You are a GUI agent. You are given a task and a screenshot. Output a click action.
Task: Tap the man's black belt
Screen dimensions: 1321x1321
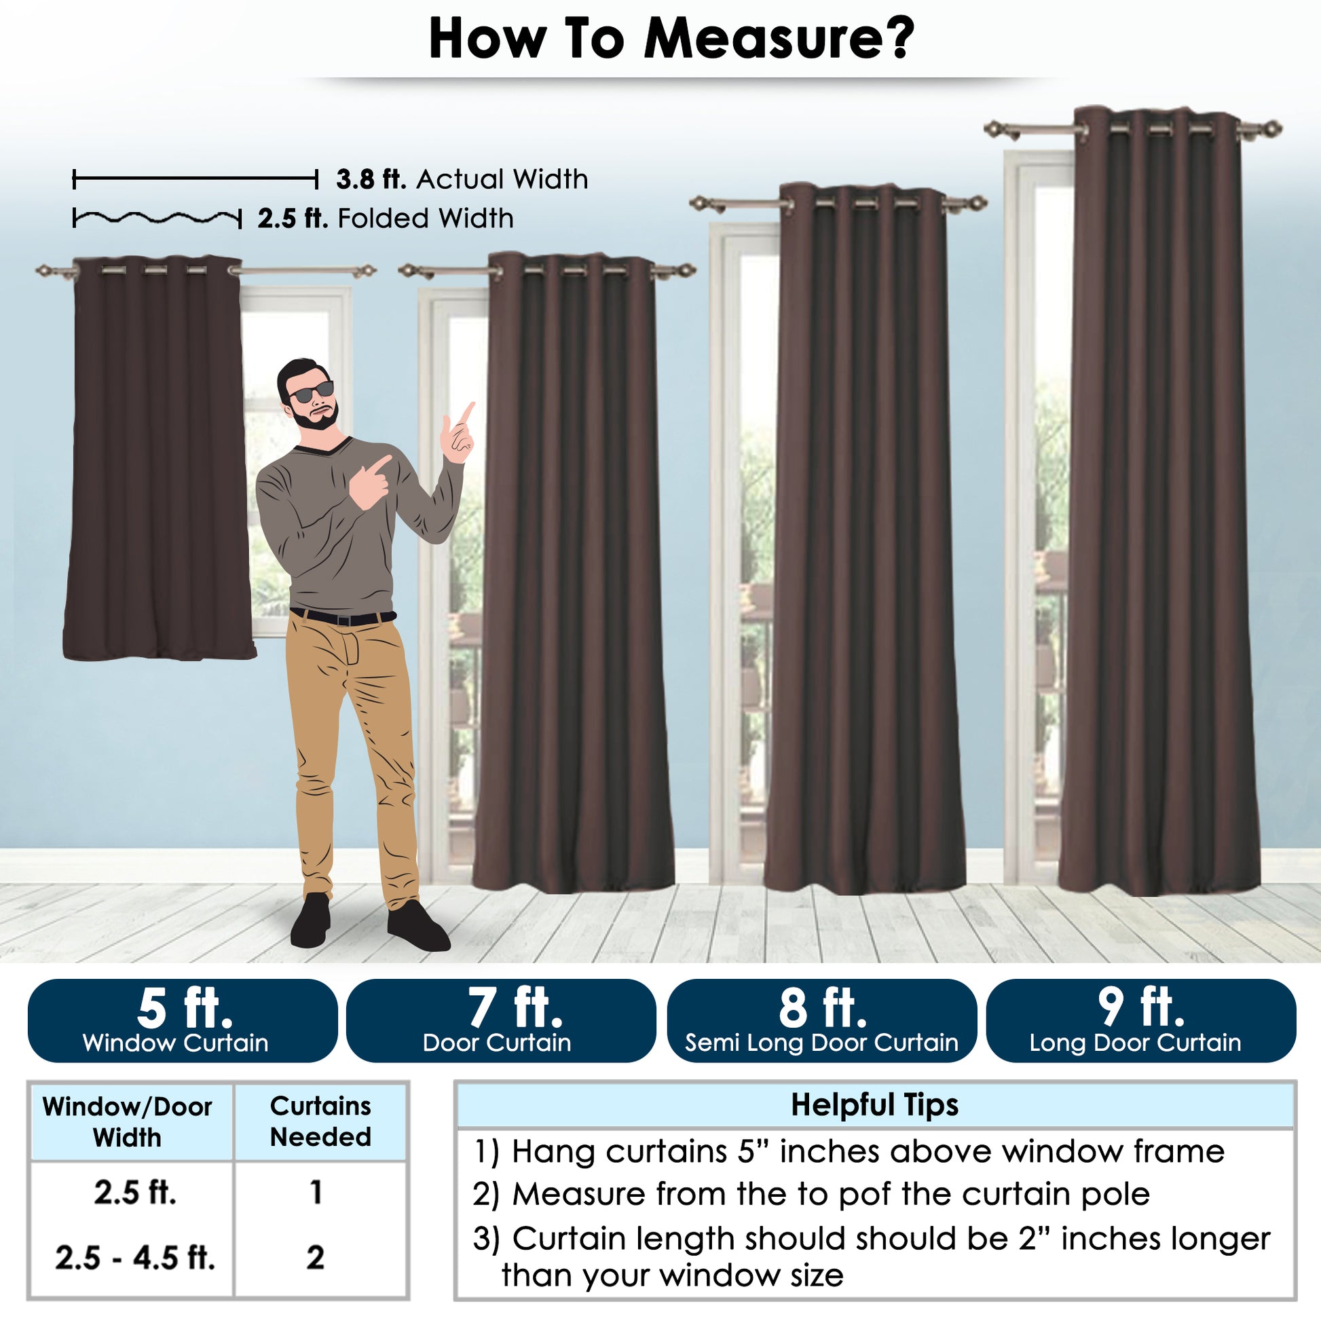point(343,618)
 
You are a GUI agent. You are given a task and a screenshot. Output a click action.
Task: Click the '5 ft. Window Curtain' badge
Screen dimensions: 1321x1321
point(183,1020)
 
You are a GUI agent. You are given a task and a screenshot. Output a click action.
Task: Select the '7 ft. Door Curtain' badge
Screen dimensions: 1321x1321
point(501,1020)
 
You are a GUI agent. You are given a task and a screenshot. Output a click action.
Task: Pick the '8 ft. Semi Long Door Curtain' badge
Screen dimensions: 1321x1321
point(821,1020)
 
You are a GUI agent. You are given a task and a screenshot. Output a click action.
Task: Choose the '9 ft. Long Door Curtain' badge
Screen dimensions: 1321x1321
point(1141,1020)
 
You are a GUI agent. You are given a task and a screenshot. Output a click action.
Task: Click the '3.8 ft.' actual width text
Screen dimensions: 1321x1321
point(371,179)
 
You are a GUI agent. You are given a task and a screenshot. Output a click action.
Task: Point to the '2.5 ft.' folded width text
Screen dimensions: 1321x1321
point(293,219)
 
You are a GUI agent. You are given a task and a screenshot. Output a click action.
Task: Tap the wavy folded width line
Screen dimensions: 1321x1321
point(157,219)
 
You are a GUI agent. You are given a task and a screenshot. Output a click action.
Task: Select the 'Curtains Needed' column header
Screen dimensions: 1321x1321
point(320,1121)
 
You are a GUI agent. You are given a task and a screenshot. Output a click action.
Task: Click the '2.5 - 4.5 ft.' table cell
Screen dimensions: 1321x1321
point(134,1257)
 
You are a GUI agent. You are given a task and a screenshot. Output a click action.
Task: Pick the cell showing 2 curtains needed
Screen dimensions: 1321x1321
point(315,1257)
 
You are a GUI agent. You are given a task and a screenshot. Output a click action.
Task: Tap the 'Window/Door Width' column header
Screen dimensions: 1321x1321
point(127,1122)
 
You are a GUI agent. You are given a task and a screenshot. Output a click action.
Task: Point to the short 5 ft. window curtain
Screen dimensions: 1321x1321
point(160,458)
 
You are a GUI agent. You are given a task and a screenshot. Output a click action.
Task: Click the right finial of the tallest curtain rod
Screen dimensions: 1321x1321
point(1271,128)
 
